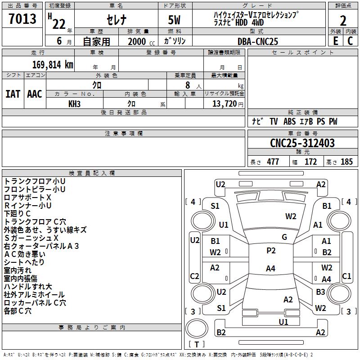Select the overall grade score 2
click(343, 21)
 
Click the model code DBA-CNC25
click(258, 41)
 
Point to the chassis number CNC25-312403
click(302, 143)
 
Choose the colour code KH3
click(74, 103)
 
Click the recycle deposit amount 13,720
click(225, 103)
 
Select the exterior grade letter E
click(335, 41)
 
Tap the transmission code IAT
click(13, 94)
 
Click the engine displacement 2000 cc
click(137, 41)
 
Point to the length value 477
click(273, 162)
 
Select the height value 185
click(346, 162)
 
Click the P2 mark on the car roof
click(271, 251)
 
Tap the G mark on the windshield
click(284, 237)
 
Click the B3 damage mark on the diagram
click(320, 292)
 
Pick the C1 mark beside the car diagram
click(346, 276)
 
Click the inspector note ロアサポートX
click(28, 198)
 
